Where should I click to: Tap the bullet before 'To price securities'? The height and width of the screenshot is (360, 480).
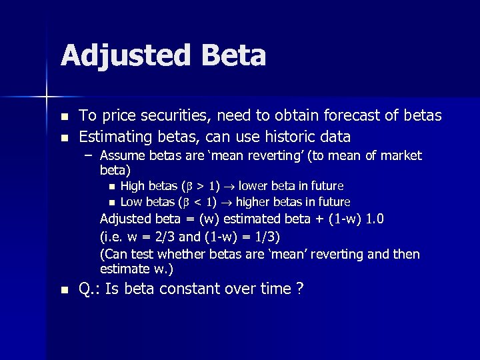[64, 117]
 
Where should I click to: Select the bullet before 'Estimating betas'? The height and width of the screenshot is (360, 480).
[64, 138]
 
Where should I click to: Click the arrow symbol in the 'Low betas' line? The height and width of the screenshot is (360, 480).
[227, 202]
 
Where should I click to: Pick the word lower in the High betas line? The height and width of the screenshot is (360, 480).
[254, 186]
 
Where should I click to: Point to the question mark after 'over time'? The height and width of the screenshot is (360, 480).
[300, 289]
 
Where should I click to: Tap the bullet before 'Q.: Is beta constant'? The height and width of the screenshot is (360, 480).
[64, 290]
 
